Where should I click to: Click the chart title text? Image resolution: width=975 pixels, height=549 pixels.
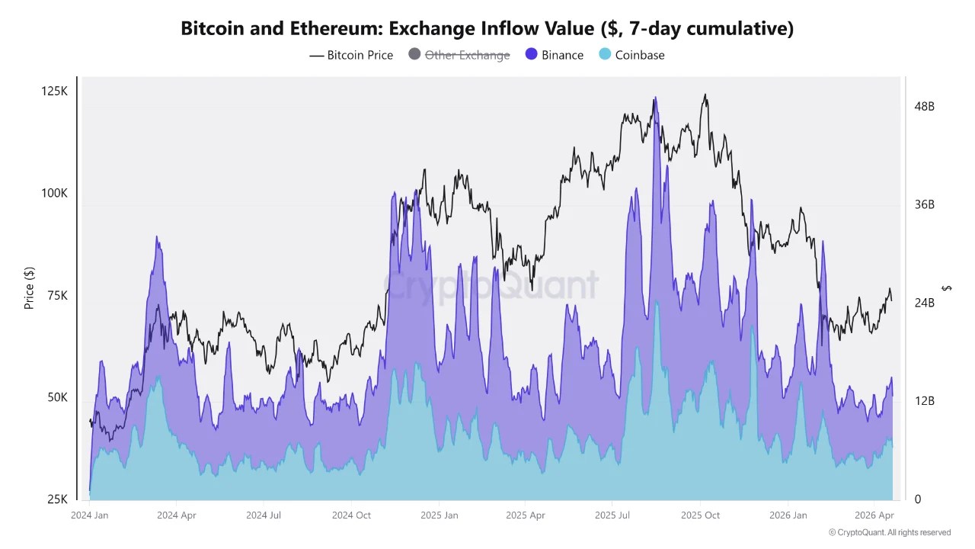pos(487,28)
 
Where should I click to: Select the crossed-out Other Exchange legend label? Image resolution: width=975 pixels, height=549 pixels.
pos(467,55)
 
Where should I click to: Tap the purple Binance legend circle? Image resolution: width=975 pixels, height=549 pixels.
pos(532,55)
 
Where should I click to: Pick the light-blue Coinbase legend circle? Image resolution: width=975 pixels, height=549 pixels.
pos(605,55)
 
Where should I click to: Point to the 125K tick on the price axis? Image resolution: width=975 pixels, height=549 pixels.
pos(54,91)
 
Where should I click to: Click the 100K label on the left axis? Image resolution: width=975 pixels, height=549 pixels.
pos(54,194)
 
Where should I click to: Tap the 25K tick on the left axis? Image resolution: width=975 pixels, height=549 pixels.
pos(56,499)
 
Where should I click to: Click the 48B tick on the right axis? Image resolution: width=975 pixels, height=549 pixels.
pos(924,107)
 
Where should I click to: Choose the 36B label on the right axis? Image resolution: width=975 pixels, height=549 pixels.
pos(924,205)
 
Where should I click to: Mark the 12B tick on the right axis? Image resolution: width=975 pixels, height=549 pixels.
pos(924,401)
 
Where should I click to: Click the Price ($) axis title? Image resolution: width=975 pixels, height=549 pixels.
pos(30,287)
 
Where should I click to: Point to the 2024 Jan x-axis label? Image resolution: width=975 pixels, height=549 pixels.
pos(89,515)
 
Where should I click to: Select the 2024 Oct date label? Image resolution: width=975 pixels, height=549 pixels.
pos(351,515)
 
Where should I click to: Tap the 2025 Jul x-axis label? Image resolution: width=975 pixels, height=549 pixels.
pos(614,515)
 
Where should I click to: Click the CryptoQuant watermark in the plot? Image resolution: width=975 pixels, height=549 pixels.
pos(491,286)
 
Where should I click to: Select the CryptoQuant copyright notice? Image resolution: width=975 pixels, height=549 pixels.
pos(889,532)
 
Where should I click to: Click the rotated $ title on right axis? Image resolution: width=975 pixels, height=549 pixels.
pos(947,287)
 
